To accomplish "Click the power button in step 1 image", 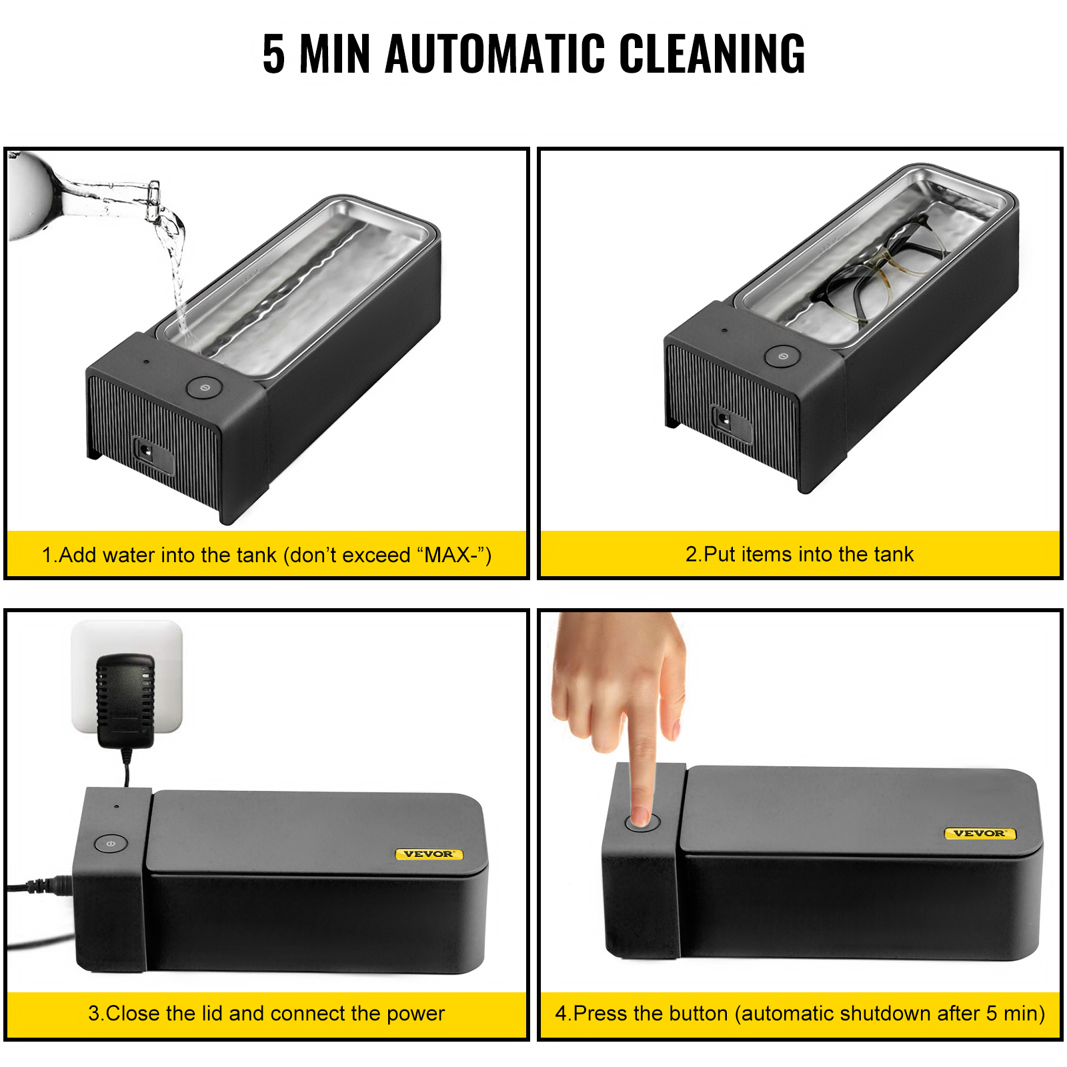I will point(204,387).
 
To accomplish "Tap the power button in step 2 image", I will point(782,356).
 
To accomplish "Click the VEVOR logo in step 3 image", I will point(428,854).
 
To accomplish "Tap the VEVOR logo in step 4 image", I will point(979,833).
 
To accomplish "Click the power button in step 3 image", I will point(111,844).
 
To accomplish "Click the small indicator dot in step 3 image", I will point(117,806).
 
